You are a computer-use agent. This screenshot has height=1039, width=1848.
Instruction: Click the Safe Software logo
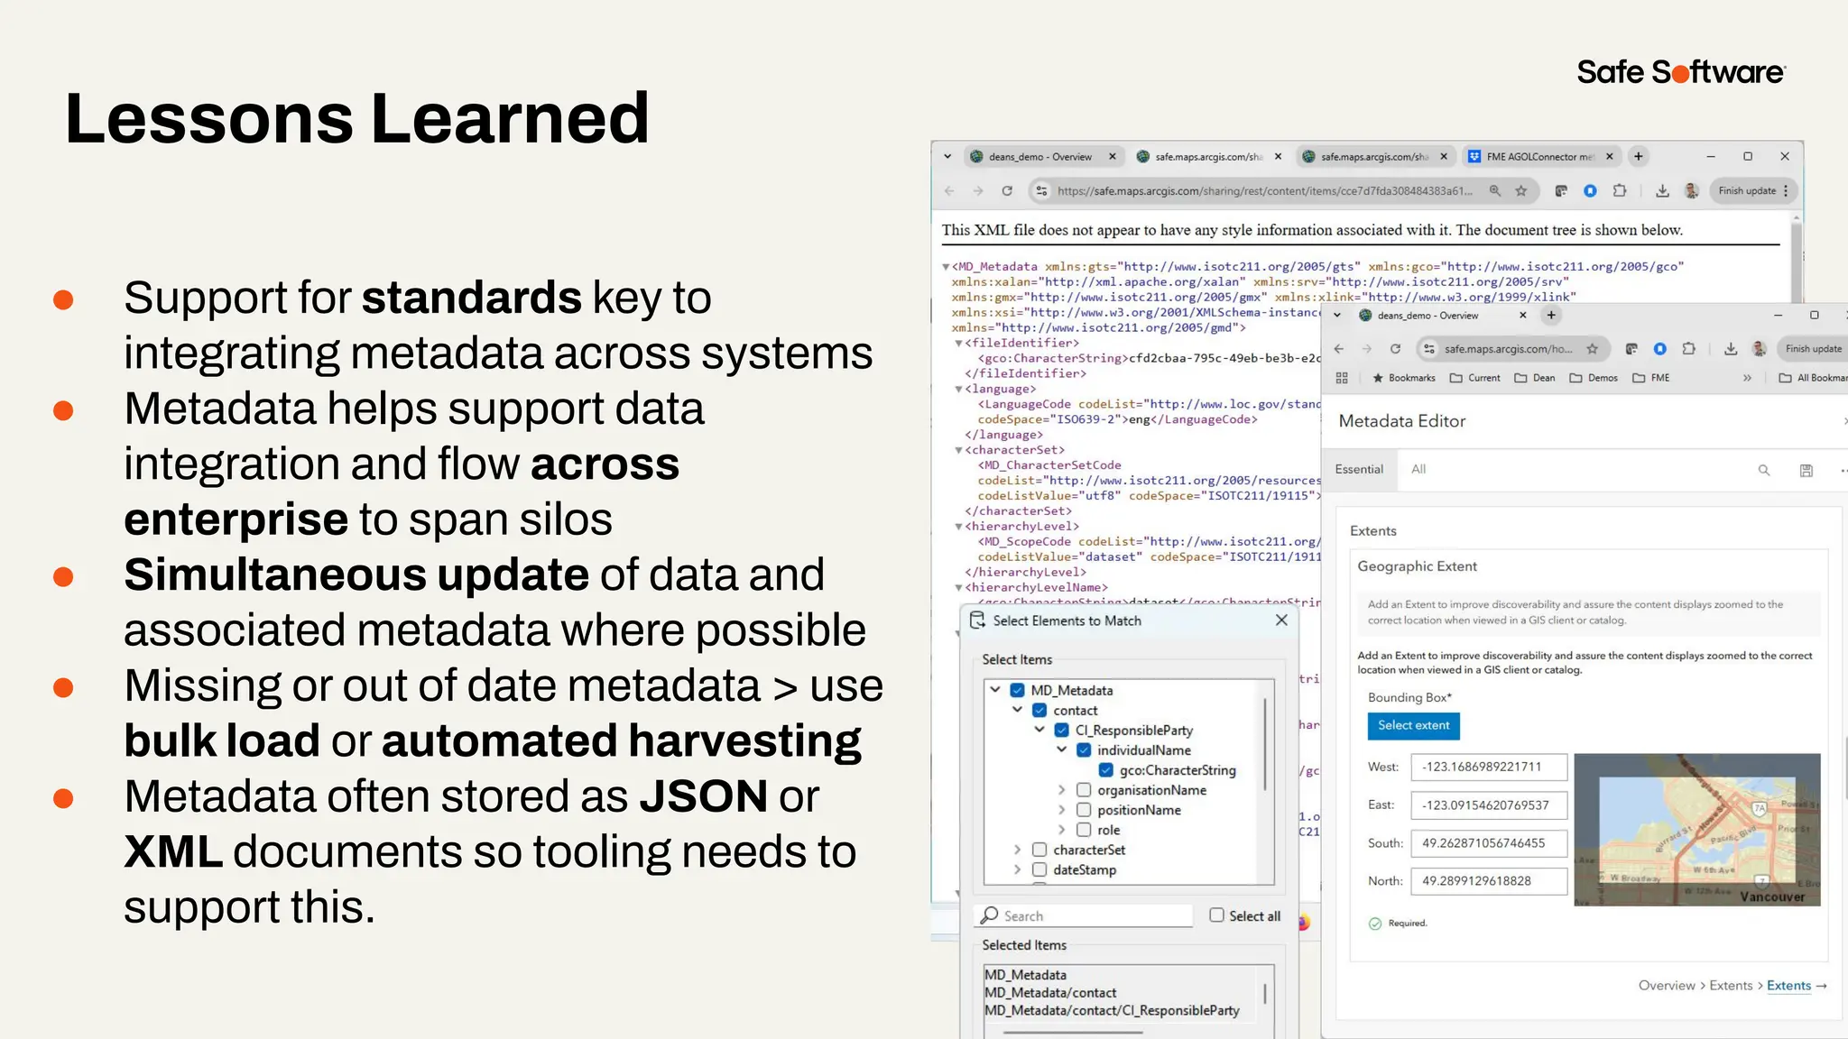(1680, 72)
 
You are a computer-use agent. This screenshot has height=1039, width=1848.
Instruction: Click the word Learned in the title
(510, 118)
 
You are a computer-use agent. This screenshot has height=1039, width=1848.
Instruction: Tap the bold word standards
(471, 298)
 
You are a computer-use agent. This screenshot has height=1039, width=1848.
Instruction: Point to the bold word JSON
(703, 796)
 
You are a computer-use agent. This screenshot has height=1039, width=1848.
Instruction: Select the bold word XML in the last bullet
(173, 851)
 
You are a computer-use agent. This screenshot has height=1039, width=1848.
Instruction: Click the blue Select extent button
(1413, 725)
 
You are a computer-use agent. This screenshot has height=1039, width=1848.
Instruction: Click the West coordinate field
(1488, 767)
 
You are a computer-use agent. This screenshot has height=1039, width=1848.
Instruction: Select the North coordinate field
(1488, 881)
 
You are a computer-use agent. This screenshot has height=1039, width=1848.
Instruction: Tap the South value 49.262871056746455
(1483, 843)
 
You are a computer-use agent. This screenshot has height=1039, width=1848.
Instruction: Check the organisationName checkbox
(1084, 790)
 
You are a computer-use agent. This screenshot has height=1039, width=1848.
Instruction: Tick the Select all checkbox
(1217, 915)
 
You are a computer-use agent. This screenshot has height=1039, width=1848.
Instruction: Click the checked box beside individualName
(1084, 750)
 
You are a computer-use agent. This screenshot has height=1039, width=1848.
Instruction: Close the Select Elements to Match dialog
(1281, 621)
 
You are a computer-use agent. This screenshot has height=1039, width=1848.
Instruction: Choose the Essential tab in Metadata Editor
(1359, 469)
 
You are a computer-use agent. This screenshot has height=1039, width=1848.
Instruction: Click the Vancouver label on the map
(1772, 896)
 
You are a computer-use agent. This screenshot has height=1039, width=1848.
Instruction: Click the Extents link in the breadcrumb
(1788, 986)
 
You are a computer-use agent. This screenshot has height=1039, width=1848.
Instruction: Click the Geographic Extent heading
(1417, 566)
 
